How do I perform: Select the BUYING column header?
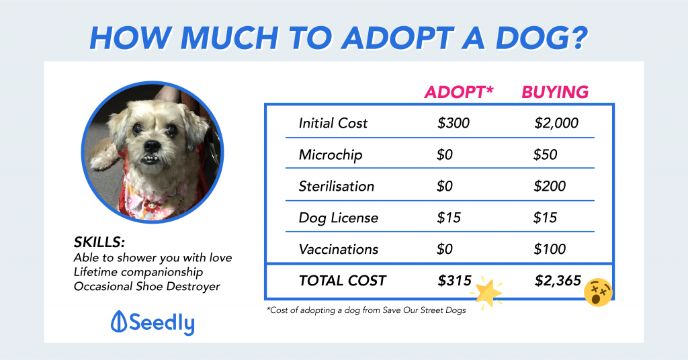[555, 91]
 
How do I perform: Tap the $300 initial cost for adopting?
[454, 124]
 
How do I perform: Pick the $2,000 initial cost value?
[556, 124]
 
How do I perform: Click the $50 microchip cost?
[545, 155]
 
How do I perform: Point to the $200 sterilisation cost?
[549, 186]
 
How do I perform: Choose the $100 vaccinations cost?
[549, 249]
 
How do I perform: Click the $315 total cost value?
[454, 281]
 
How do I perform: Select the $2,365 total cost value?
[558, 281]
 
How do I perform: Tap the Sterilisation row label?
[337, 186]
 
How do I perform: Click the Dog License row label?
[339, 218]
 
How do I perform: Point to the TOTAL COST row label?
[343, 281]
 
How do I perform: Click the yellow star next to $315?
[488, 291]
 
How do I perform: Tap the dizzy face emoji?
[597, 292]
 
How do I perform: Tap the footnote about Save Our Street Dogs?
[366, 310]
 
